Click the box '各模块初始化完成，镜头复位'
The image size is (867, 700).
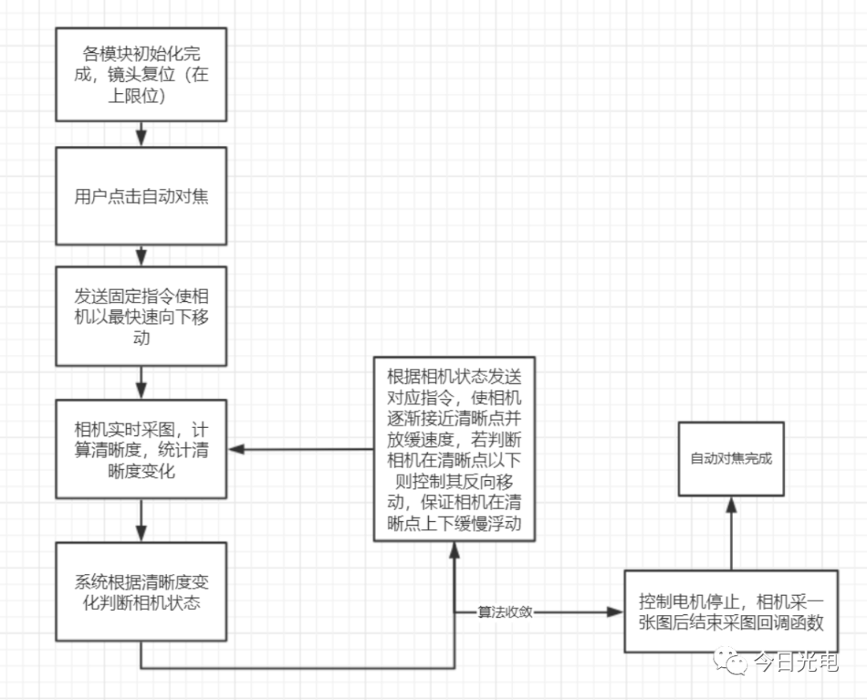tap(141, 74)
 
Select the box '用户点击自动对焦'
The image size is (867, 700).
tap(141, 196)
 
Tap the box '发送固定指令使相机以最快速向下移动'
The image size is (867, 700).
tap(141, 316)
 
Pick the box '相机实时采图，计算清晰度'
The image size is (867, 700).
tap(141, 449)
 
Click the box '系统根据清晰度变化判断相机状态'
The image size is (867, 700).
tap(141, 592)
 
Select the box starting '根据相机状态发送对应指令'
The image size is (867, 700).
tap(454, 449)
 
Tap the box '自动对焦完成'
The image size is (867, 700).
tap(731, 458)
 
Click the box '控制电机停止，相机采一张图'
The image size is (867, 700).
tap(731, 611)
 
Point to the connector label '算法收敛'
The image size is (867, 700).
tap(505, 612)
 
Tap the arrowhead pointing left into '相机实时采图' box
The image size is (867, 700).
tap(236, 449)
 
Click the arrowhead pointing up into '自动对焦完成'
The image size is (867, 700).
tap(731, 504)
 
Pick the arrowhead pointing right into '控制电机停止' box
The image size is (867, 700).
tap(616, 612)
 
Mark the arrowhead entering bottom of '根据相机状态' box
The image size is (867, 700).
tap(454, 550)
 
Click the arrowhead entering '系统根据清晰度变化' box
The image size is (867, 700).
tap(141, 534)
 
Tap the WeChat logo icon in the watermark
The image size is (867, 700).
tap(730, 661)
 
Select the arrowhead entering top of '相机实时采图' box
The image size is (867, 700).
tap(141, 392)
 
